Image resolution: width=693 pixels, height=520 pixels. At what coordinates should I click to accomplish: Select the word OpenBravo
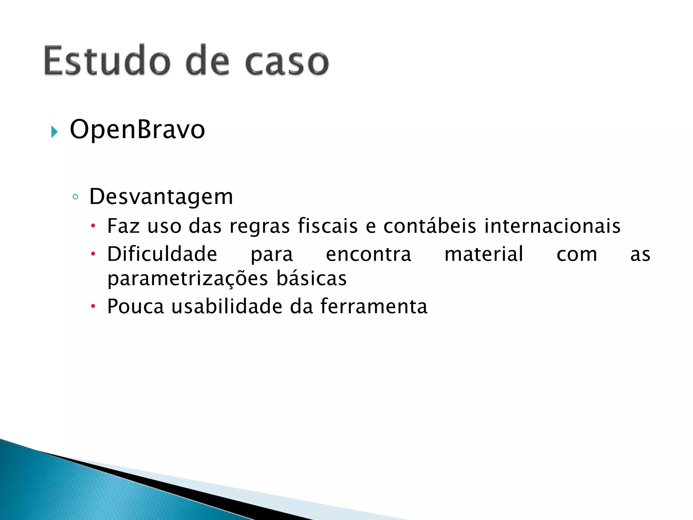pos(137,129)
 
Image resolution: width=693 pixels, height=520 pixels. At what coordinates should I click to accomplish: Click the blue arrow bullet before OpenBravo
pos(54,132)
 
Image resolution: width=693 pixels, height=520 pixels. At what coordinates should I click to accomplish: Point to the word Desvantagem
pos(161,197)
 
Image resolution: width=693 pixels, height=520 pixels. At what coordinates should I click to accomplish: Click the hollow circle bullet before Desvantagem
pos(75,197)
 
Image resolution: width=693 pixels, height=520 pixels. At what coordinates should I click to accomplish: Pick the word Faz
pos(123,226)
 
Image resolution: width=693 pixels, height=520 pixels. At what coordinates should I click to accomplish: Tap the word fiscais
pos(328,226)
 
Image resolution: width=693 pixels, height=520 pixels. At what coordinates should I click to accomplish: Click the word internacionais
pos(552,226)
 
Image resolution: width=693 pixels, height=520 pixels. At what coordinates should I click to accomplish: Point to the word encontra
pos(368,255)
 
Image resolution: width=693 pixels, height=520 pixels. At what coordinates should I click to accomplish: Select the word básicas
pos(312,278)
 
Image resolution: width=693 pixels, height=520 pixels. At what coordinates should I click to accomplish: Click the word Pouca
pos(135,306)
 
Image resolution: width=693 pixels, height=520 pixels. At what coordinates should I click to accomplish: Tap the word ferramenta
pos(374,306)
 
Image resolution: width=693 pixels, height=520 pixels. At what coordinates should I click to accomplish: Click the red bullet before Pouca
pos(93,307)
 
